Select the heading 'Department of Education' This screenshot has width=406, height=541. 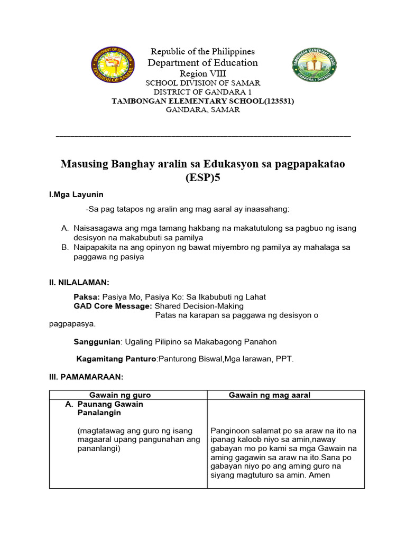203,63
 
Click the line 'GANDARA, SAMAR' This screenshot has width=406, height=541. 203,110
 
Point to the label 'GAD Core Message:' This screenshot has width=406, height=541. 113,306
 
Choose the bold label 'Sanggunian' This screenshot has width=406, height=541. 98,342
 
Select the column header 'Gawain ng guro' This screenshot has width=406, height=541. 120,395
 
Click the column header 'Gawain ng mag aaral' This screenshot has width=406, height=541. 269,395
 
